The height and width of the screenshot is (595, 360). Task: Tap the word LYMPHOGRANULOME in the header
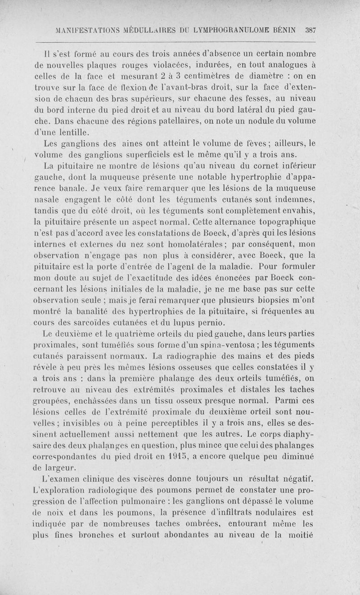234,31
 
